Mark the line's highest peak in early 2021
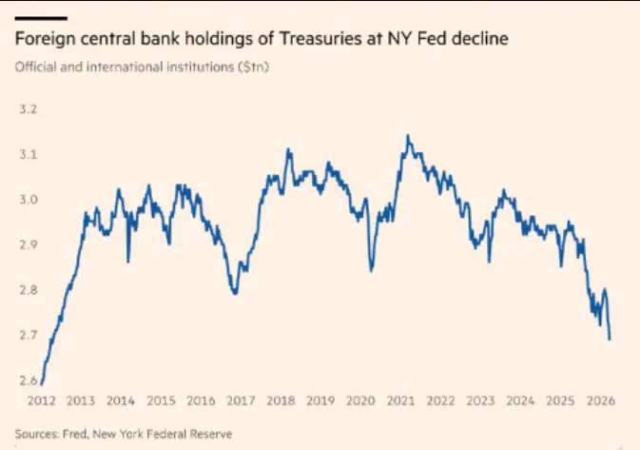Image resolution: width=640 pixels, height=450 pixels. pyautogui.click(x=408, y=136)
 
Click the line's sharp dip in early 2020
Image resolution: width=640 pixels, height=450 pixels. pyautogui.click(x=371, y=271)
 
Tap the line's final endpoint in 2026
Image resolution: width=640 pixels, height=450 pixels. pyautogui.click(x=610, y=339)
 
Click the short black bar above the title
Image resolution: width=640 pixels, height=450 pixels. pyautogui.click(x=40, y=18)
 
